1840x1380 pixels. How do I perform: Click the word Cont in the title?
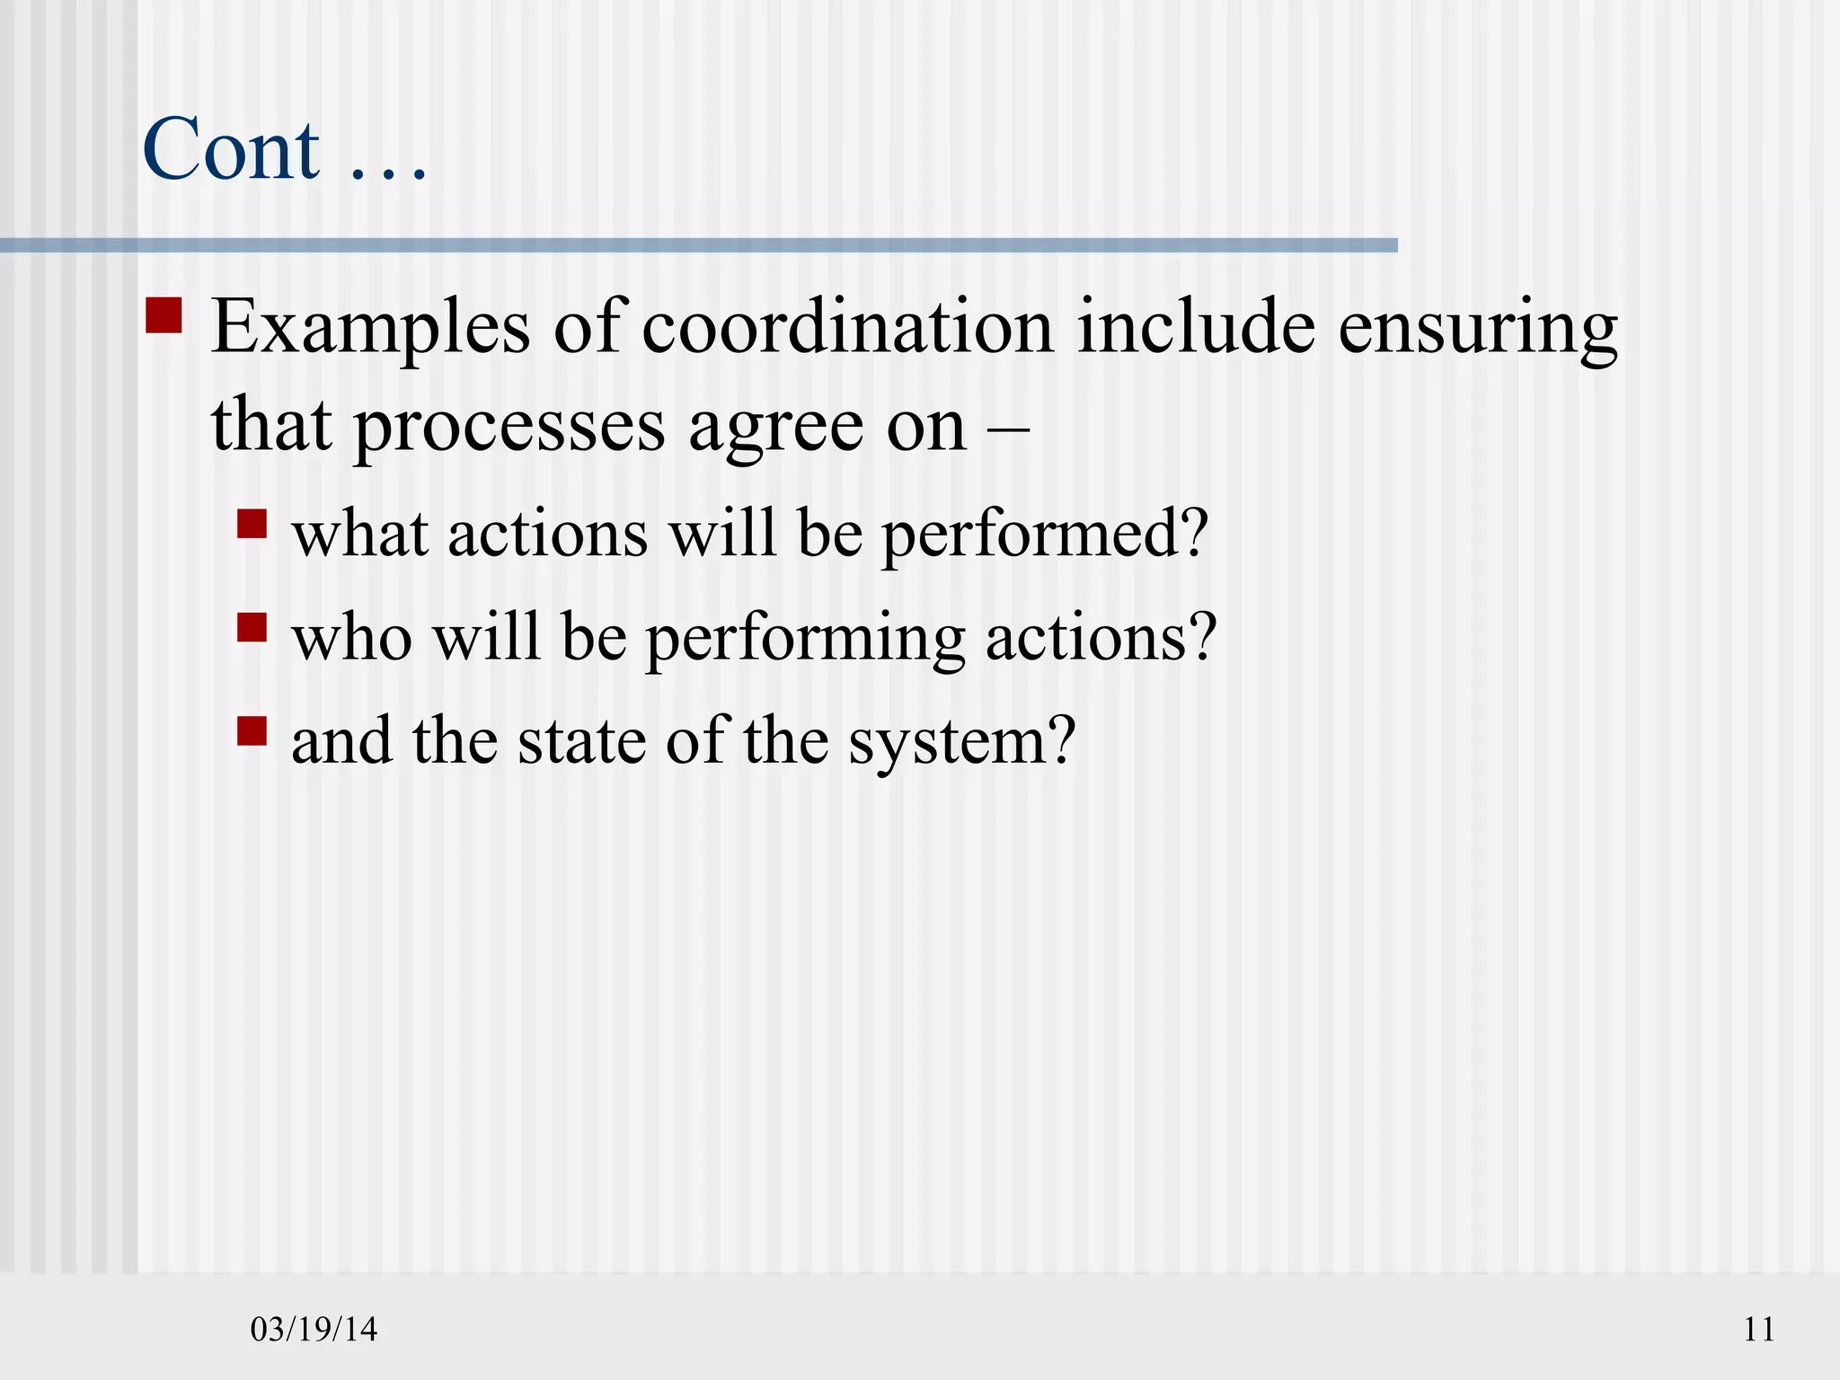[231, 149]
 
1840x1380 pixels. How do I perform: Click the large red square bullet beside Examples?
[164, 315]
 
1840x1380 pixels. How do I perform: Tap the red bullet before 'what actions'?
[252, 524]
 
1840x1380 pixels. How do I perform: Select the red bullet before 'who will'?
[252, 627]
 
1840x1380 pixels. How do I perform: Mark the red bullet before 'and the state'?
[252, 730]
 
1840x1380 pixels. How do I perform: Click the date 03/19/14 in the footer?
[314, 1329]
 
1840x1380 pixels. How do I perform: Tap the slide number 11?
[1759, 1329]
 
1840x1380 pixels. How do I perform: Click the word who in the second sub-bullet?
[351, 638]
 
